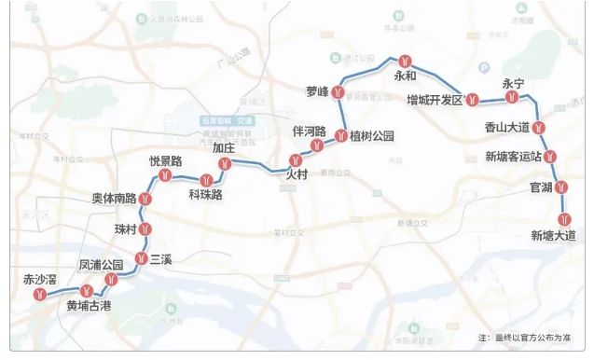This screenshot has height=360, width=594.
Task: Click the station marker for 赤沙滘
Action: coord(39,295)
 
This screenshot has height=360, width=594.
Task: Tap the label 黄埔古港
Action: coord(89,306)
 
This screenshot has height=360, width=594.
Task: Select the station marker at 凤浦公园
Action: coord(111,278)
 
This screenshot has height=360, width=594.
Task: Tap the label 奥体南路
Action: coord(114,198)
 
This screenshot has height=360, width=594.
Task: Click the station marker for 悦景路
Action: coord(166,174)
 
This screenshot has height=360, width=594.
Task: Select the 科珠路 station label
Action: coord(205,195)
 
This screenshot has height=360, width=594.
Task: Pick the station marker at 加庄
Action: coord(224,164)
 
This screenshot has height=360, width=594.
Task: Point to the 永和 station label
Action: coord(406,76)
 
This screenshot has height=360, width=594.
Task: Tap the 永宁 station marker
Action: coord(511,97)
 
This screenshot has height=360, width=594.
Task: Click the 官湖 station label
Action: coord(541,188)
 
